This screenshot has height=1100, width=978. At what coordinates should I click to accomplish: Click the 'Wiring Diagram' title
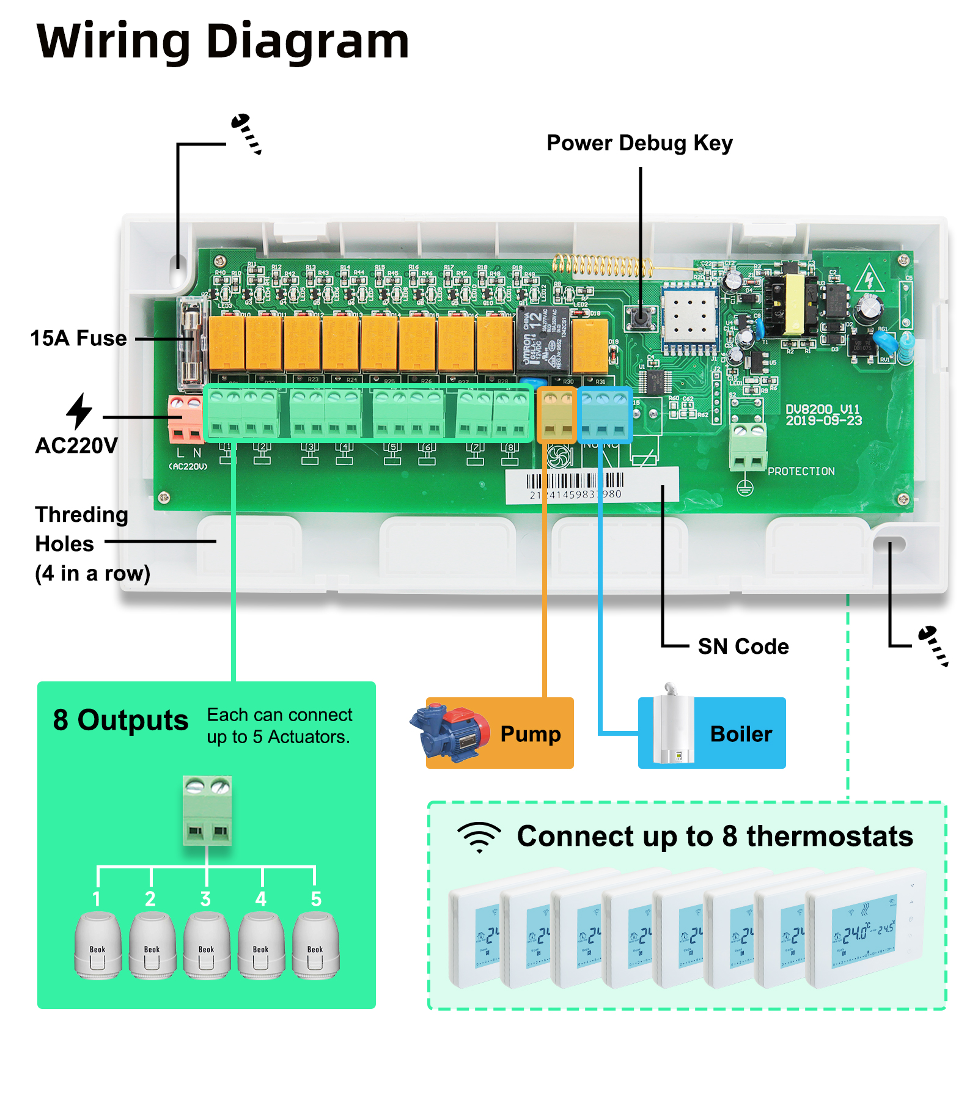point(223,42)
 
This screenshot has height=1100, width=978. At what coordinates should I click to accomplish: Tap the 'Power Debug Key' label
point(639,143)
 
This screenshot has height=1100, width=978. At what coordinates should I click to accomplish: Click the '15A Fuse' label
point(78,338)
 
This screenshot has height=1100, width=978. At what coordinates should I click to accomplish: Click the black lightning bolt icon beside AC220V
point(79,411)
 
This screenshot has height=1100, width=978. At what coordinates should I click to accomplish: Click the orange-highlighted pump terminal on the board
point(556,415)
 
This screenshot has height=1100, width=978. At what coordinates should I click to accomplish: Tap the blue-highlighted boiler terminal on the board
point(604,415)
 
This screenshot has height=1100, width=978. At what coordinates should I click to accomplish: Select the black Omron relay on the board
point(543,340)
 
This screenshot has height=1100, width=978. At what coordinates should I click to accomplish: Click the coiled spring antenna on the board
point(602,265)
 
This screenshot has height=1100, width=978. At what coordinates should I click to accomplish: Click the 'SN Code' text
point(743,647)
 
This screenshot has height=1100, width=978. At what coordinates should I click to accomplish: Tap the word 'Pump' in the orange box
point(530,734)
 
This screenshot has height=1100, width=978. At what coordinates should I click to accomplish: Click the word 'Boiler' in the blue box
point(741,734)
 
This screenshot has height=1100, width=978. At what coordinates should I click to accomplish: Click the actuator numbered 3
point(207,944)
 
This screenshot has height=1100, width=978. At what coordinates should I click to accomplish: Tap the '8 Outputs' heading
point(120,720)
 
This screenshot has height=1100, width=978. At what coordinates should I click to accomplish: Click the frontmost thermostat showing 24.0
point(865,929)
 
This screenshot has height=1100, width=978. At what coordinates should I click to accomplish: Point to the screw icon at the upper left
point(246,133)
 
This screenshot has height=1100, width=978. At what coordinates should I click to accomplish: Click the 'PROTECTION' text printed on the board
point(801,471)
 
